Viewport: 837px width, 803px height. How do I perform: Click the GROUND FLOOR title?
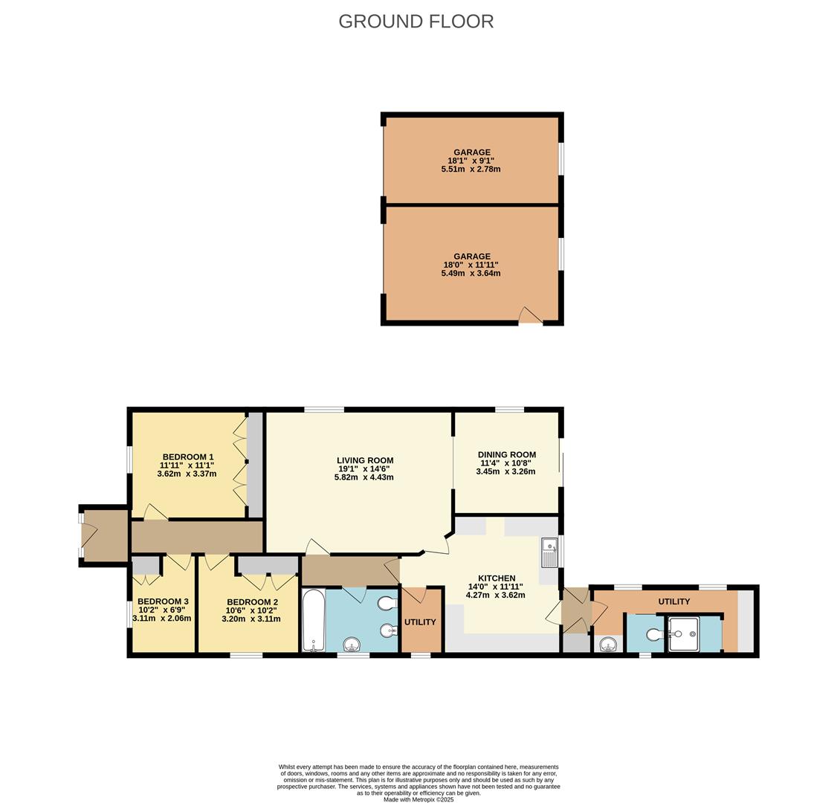point(416,21)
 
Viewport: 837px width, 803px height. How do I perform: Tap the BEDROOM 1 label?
point(188,457)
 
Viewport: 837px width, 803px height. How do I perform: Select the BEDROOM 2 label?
point(253,602)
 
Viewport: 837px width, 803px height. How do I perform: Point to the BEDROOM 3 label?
point(163,602)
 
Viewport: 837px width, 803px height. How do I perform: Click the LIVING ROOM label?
point(365,461)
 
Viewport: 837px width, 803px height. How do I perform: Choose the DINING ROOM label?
point(506,455)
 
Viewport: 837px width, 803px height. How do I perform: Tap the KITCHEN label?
point(496,578)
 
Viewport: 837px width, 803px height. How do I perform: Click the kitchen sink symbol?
point(549,552)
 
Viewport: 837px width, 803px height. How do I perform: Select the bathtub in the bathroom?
point(313,620)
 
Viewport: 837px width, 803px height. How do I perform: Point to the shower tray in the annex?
point(683,634)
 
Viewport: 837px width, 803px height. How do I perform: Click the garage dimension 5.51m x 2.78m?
point(471,170)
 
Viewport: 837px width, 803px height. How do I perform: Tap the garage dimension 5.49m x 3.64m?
point(471,274)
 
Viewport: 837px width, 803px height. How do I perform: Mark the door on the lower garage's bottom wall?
point(530,317)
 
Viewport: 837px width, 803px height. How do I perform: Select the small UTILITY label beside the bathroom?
point(420,622)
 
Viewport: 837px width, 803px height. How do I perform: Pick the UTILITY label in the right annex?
point(673,602)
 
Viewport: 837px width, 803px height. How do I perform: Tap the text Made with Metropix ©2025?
point(418,799)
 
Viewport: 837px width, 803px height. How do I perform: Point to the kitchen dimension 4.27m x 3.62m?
point(495,595)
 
